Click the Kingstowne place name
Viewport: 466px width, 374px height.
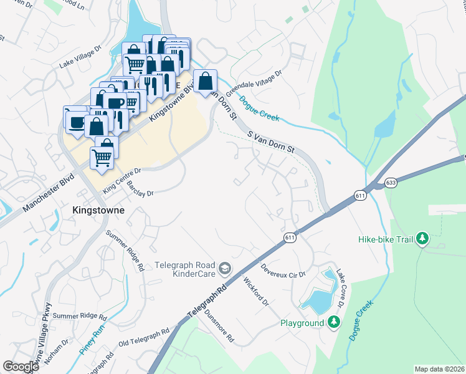coord(98,210)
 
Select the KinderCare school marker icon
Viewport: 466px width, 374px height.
coord(224,269)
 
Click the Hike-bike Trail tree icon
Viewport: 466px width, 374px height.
coord(422,239)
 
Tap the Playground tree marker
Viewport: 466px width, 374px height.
coord(335,322)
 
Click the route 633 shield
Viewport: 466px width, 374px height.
coord(391,183)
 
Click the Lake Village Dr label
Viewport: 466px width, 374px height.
coord(80,56)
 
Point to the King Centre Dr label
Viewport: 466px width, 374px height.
coord(122,178)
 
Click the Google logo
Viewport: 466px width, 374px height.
coord(21,367)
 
